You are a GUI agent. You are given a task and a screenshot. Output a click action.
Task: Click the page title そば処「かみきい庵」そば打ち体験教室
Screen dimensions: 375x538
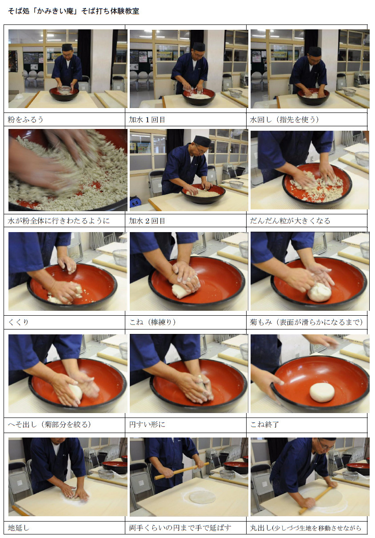[x=73, y=11]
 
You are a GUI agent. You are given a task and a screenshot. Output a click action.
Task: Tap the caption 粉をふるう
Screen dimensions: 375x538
[x=25, y=119]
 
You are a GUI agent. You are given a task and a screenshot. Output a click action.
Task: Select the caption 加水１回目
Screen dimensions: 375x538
[x=147, y=119]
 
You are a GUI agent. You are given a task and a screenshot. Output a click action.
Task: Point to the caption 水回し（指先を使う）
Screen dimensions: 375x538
[x=284, y=119]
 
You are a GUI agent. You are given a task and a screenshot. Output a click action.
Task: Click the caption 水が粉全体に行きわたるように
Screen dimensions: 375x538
[x=59, y=221]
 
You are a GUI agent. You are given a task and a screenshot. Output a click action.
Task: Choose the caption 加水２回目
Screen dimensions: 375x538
[x=147, y=221]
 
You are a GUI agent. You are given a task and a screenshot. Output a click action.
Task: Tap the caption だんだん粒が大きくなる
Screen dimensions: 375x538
[x=290, y=221]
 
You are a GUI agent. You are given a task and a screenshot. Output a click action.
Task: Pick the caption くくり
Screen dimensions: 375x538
[x=18, y=322]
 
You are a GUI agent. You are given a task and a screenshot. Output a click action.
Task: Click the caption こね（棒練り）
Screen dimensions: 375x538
[x=153, y=322]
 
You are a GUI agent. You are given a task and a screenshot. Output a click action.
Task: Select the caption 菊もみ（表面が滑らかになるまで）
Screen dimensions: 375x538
[x=306, y=322]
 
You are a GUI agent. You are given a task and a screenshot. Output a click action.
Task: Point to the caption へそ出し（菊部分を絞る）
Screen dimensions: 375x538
[x=49, y=424]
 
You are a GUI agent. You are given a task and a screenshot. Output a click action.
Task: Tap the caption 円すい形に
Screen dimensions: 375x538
[x=147, y=424]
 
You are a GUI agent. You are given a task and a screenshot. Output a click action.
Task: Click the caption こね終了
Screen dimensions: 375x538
[x=264, y=424]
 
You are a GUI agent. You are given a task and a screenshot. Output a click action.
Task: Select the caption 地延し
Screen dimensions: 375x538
[x=19, y=528]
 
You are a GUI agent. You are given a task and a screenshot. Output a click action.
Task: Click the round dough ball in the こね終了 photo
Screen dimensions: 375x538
[x=322, y=393]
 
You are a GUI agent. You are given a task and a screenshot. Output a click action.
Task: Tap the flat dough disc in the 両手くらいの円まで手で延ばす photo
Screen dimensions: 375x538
[x=202, y=497]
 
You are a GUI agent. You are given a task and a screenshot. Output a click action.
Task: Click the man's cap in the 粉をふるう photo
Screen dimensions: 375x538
[x=67, y=47]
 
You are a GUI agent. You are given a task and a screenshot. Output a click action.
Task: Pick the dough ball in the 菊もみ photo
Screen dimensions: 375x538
[x=319, y=292]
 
